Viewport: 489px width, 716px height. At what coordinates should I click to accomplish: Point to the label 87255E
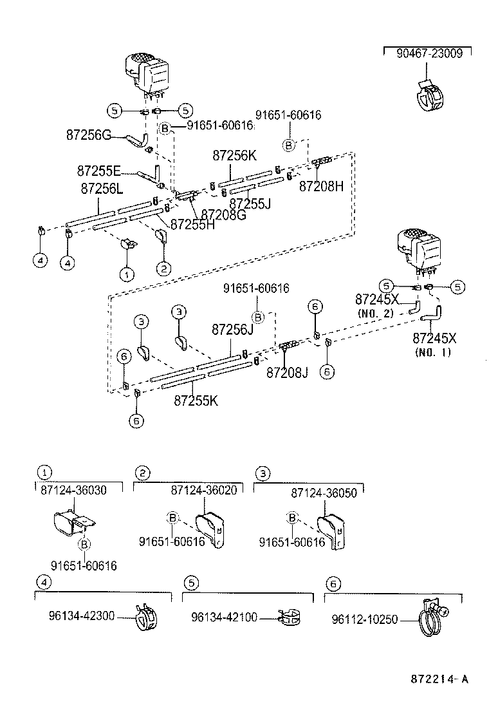point(98,171)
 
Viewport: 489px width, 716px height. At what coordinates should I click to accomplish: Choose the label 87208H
point(322,186)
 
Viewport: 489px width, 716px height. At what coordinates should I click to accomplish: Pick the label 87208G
point(223,214)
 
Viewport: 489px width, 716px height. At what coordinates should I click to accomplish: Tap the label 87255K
point(196,400)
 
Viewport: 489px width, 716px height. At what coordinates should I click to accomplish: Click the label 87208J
point(288,372)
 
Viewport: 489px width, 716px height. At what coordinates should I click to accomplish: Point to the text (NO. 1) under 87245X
point(434,352)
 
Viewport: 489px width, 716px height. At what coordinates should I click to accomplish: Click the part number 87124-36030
point(73,490)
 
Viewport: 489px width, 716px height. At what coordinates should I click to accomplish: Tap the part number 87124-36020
point(204,490)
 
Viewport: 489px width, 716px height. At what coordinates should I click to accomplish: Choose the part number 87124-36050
point(324,492)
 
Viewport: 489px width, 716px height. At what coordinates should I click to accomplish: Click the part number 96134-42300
point(81,616)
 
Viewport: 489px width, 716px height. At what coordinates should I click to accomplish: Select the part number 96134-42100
point(224,617)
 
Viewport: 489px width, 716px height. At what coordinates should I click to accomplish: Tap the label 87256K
point(235,155)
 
